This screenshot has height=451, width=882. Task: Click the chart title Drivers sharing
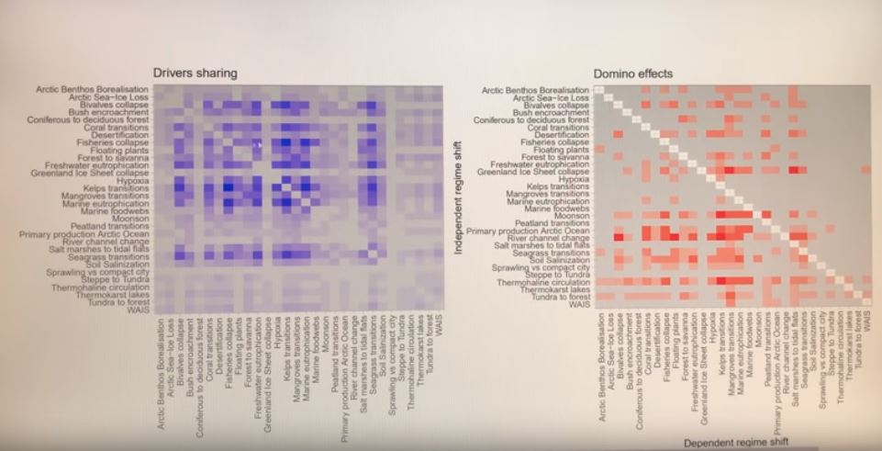(x=195, y=73)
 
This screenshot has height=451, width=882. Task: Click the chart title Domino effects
(x=632, y=73)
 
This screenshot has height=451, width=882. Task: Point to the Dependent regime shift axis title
(x=735, y=442)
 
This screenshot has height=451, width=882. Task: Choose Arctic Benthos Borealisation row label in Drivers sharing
(x=92, y=89)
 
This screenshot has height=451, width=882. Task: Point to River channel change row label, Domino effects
(x=548, y=238)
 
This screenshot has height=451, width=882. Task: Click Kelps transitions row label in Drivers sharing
(x=114, y=188)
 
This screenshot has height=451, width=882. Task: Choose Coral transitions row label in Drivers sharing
(x=113, y=127)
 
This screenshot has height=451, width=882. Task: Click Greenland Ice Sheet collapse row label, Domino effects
(x=534, y=172)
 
